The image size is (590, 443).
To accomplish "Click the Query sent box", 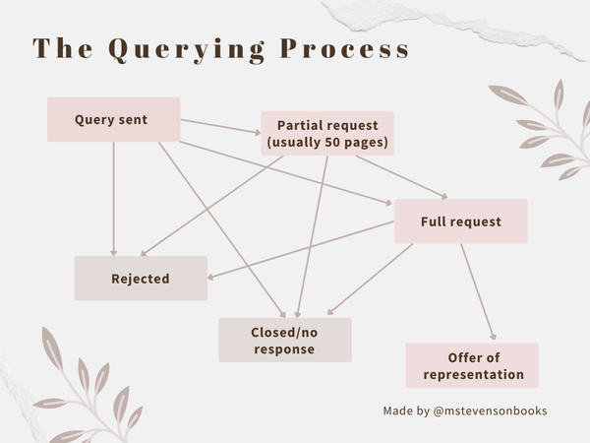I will click(113, 119).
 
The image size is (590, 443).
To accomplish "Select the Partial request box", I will click(326, 134).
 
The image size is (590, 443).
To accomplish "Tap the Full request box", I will click(460, 221).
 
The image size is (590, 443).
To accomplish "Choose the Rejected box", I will click(141, 278).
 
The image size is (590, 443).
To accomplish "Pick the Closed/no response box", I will click(284, 340).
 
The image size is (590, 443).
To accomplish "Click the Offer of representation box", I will click(472, 365).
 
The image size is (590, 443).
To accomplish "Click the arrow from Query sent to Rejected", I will click(113, 197).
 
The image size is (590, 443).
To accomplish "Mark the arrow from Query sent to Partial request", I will click(220, 124).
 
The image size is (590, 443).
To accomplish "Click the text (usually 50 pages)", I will click(326, 143).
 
